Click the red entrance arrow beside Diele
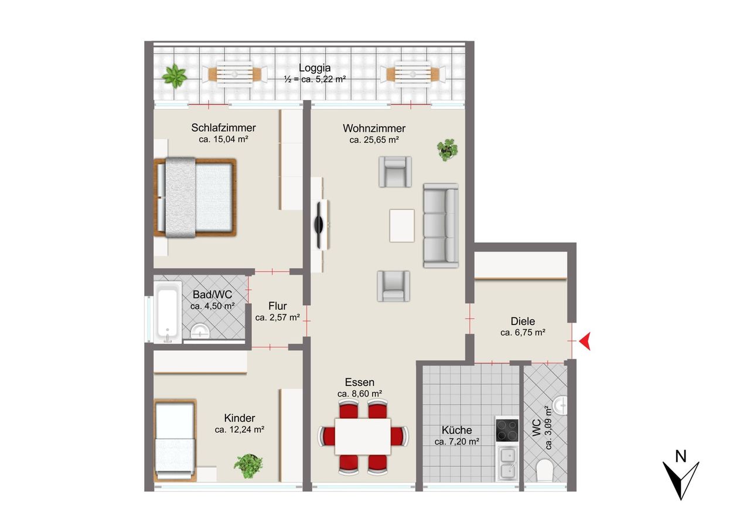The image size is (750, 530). pos(585,341)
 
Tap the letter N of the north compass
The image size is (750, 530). pos(681,456)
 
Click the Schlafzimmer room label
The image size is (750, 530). pos(223,128)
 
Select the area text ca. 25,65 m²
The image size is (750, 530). pos(374,140)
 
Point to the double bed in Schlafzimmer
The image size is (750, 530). pos(196,197)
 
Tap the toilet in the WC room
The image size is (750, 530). pos(546,470)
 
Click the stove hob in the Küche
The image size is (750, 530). pos(507,430)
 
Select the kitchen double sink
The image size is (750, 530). pos(507,464)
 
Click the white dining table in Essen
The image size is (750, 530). pos(363,436)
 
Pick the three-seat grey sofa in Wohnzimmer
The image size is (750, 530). pos(441,225)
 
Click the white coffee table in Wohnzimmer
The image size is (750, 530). pos(402,225)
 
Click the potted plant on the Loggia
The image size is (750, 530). pos(174,76)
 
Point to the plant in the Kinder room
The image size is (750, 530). pos(248,466)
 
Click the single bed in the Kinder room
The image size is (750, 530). pos(175,440)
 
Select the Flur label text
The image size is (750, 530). pos(277,306)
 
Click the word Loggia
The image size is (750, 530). pos(315,68)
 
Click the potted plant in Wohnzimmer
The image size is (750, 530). pos(447,149)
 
